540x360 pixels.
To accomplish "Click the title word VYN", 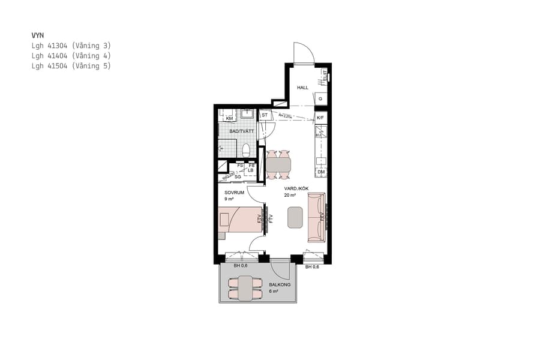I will (38, 35).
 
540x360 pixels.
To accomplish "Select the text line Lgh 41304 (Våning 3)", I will (71, 46).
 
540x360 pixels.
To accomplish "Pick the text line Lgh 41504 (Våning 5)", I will (71, 66).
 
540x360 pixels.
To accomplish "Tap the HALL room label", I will (302, 88).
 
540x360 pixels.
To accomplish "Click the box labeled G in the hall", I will (321, 99).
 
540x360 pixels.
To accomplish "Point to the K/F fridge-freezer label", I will (320, 118).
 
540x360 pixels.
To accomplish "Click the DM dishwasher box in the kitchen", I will (321, 172).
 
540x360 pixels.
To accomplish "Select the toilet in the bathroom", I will (245, 148).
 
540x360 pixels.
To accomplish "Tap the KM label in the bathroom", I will (229, 118).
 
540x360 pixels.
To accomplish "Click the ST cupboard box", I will (264, 115).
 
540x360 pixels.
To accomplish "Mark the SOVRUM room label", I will (234, 193).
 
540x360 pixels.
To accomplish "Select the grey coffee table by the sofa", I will (295, 217).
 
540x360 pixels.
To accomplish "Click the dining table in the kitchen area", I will (278, 163).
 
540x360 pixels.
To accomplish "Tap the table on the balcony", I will (245, 287).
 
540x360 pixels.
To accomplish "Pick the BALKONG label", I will (280, 284).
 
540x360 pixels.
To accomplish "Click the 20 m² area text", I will (290, 196).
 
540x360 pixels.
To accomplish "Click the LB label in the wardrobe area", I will (251, 170).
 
